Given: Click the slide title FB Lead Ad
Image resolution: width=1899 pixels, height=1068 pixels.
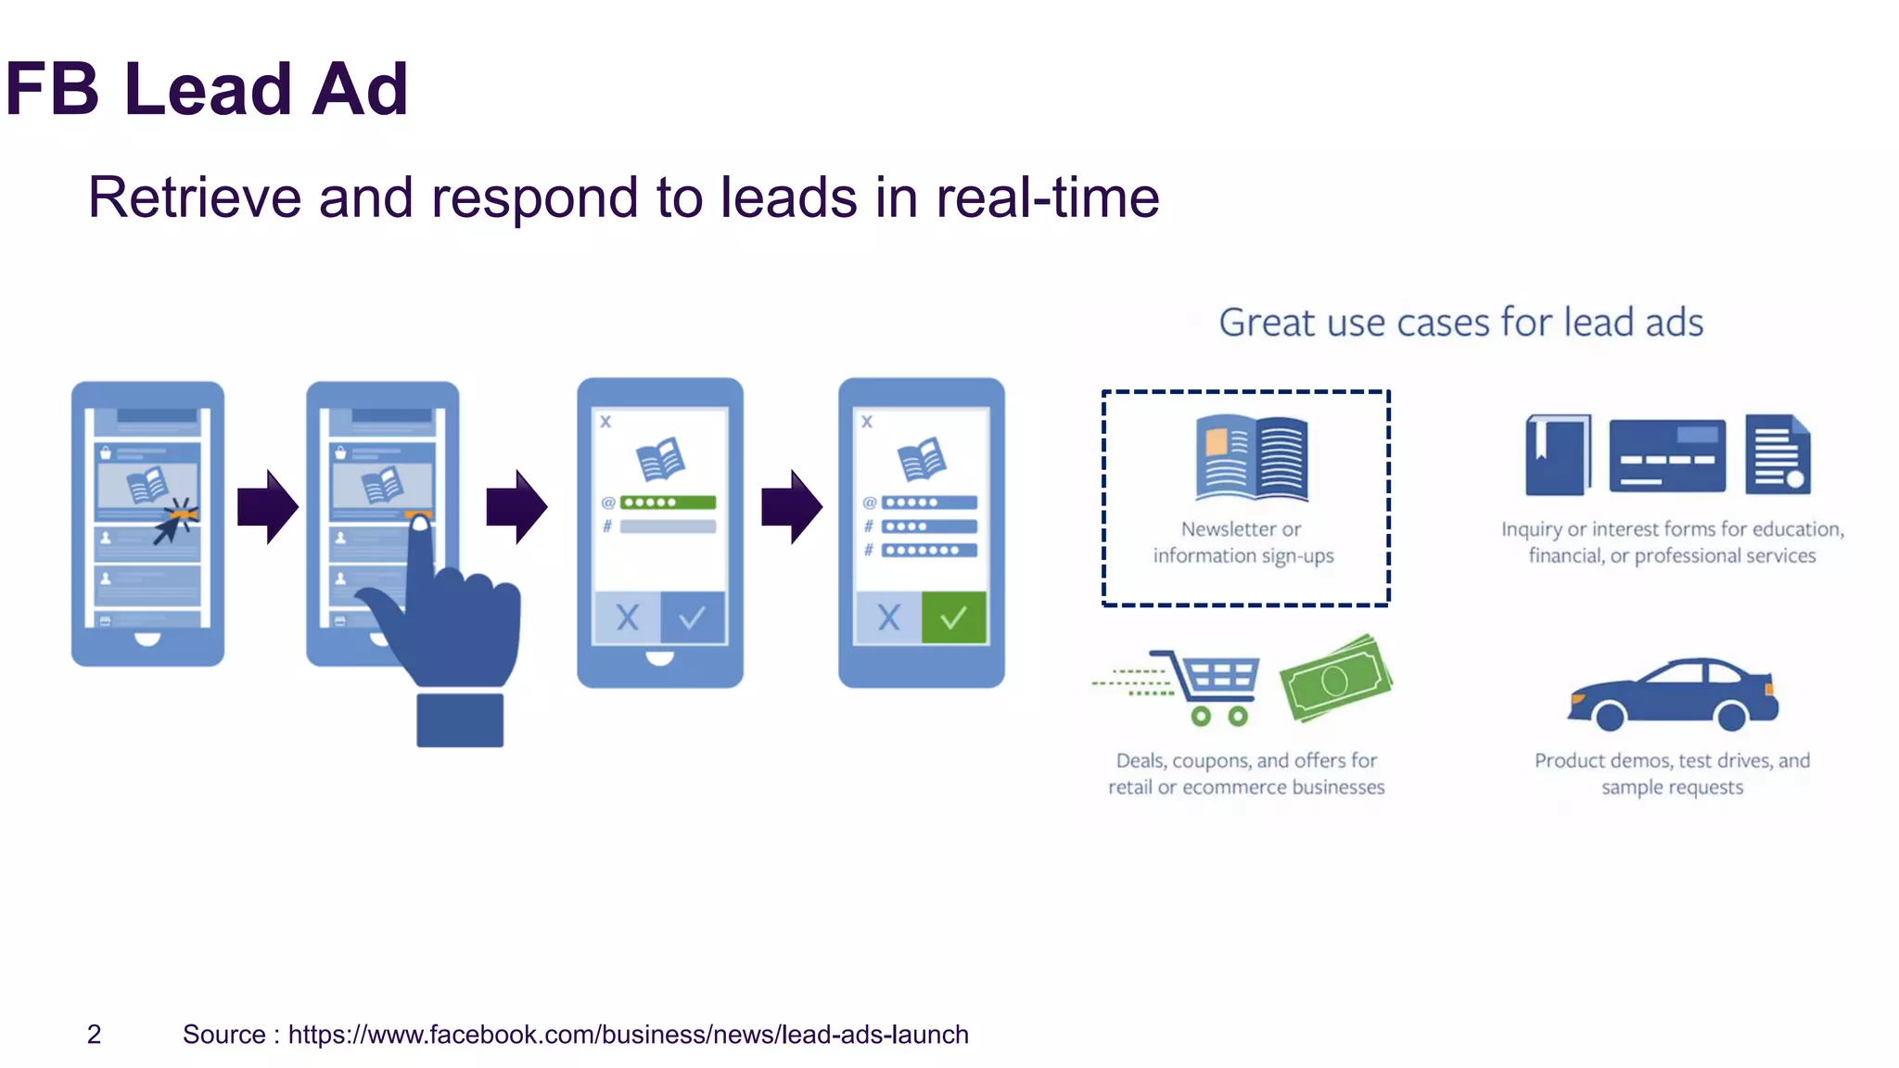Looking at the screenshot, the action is (x=206, y=89).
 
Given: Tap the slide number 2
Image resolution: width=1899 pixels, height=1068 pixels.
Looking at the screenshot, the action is (x=94, y=1034).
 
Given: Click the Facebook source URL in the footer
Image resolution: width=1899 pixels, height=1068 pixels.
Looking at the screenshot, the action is (x=628, y=1034).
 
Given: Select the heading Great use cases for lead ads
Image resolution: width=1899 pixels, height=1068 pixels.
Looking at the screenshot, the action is (x=1460, y=323).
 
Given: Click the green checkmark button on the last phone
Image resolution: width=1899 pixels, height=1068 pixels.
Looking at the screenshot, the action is (x=953, y=617).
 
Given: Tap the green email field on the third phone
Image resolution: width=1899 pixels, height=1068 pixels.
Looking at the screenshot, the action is (x=668, y=502).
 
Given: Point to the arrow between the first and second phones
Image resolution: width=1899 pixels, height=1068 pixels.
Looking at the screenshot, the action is (x=267, y=506).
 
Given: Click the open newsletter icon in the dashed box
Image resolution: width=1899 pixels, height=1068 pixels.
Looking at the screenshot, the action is (x=1252, y=457).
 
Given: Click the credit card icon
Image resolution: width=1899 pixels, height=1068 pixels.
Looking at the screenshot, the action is (x=1667, y=455).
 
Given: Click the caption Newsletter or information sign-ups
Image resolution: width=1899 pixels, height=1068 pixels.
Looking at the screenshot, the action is (x=1243, y=542).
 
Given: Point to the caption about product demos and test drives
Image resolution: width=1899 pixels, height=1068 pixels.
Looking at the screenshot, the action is (x=1672, y=773).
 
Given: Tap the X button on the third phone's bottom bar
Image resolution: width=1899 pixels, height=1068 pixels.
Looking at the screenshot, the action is (x=628, y=617).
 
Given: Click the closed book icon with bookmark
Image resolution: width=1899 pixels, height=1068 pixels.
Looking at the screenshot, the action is (x=1558, y=454).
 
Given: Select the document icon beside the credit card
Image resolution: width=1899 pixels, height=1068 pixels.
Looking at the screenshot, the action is (x=1777, y=454).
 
